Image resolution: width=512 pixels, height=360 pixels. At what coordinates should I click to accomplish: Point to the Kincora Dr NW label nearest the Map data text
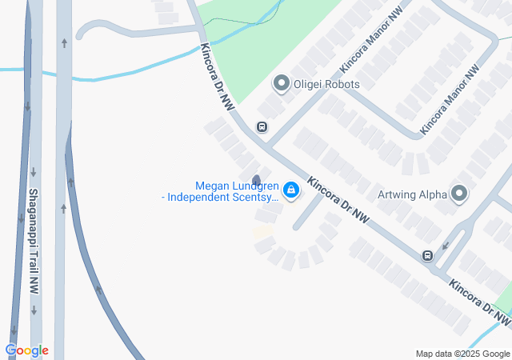pyautogui.click(x=479, y=302)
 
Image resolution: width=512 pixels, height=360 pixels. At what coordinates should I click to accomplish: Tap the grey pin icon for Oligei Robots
pyautogui.click(x=281, y=83)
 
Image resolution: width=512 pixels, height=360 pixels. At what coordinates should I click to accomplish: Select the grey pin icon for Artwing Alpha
pyautogui.click(x=459, y=193)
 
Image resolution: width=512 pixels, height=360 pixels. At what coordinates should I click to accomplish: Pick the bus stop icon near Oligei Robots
pyautogui.click(x=262, y=126)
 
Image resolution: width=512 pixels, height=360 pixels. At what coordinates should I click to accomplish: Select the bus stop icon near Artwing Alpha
pyautogui.click(x=428, y=255)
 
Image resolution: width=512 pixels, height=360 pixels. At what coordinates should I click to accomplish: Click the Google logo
pyautogui.click(x=26, y=350)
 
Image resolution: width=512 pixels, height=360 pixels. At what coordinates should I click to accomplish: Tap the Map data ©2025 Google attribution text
pyautogui.click(x=462, y=354)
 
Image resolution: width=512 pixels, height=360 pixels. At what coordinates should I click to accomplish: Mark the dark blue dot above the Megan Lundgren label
pyautogui.click(x=256, y=179)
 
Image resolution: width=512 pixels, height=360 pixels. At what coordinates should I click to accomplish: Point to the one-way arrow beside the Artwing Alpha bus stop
pyautogui.click(x=446, y=245)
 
